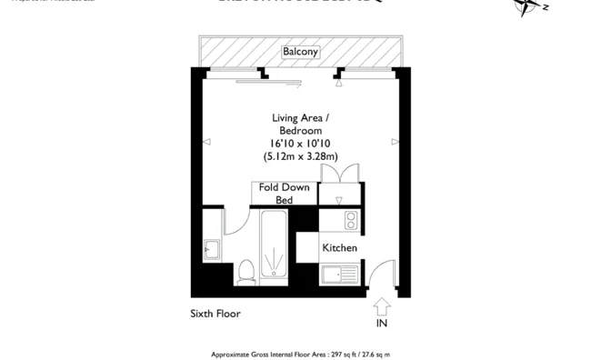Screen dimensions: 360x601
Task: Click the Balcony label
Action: coord(300,52)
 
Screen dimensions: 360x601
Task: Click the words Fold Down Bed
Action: coord(285,193)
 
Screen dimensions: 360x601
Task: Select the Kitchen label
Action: coord(339,248)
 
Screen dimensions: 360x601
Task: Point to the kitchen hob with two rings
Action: coord(352,220)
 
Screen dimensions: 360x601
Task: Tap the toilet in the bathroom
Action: coord(245,270)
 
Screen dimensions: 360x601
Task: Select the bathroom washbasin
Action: coord(211,249)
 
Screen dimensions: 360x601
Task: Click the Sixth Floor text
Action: coord(215,314)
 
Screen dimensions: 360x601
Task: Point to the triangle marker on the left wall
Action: coord(206,141)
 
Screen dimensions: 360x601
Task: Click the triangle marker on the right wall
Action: coord(395,141)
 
